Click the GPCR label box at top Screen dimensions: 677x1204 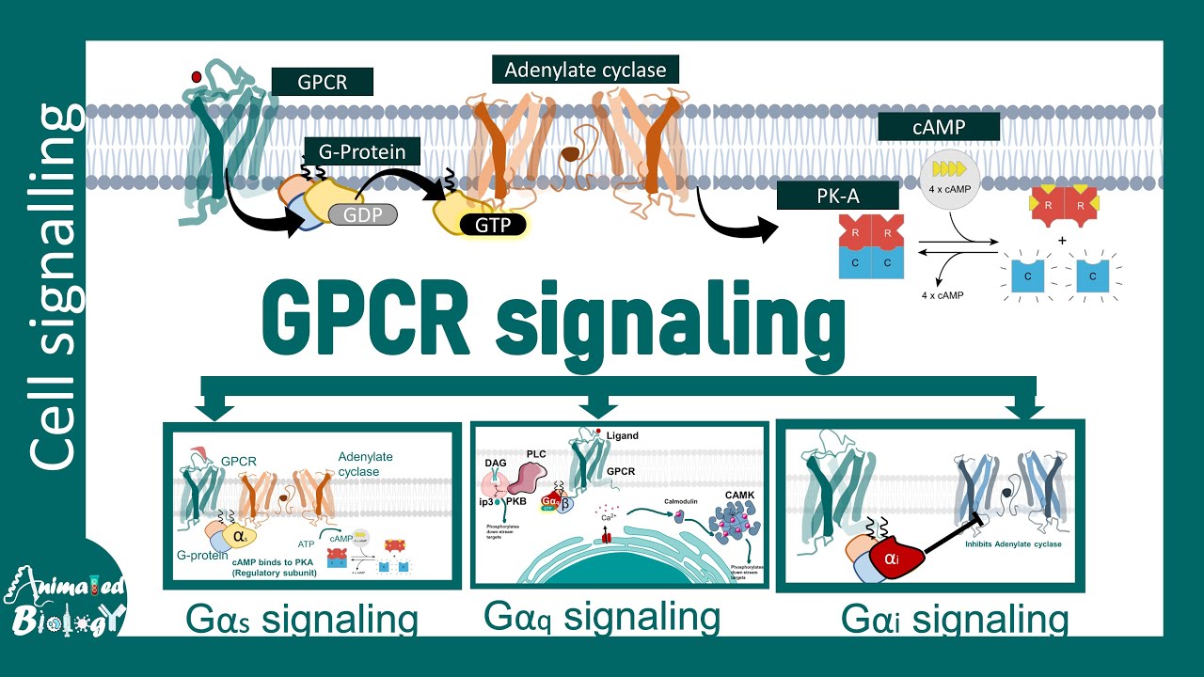point(322,82)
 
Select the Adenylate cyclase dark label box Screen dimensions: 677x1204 point(585,71)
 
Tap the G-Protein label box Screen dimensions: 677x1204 point(361,151)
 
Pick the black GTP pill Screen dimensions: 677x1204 point(493,224)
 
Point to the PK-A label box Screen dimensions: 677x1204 point(837,196)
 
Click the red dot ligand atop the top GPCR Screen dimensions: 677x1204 point(196,77)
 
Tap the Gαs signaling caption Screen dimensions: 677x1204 point(301,622)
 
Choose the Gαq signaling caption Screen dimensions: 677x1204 point(602,618)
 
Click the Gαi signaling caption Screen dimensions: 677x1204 point(955,621)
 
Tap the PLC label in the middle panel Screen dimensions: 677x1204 point(536,452)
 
